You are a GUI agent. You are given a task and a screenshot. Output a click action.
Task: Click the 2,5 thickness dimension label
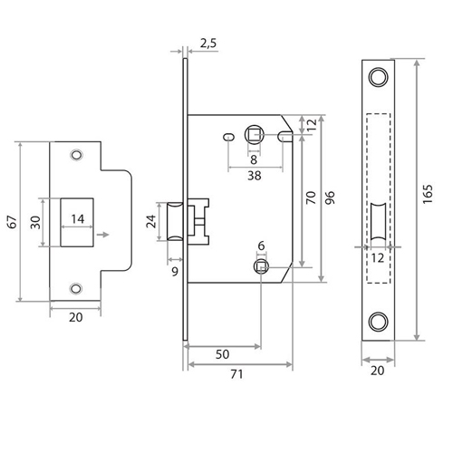coord(208,43)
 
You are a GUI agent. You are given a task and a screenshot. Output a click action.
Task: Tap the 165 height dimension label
coord(428,194)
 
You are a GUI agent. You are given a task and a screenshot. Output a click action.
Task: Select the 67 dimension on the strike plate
coord(13,222)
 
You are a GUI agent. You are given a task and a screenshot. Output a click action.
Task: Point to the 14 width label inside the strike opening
coord(78,219)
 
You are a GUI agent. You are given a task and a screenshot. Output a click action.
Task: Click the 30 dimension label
coord(35,222)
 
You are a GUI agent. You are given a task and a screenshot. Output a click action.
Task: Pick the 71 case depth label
coord(236,374)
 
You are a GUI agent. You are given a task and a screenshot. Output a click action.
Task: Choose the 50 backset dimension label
coord(222,354)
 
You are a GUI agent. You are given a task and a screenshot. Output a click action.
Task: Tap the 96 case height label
coord(330,198)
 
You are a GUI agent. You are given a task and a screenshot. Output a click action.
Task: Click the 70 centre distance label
coord(311,198)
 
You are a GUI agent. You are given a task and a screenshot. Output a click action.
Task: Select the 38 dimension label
coord(255,176)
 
